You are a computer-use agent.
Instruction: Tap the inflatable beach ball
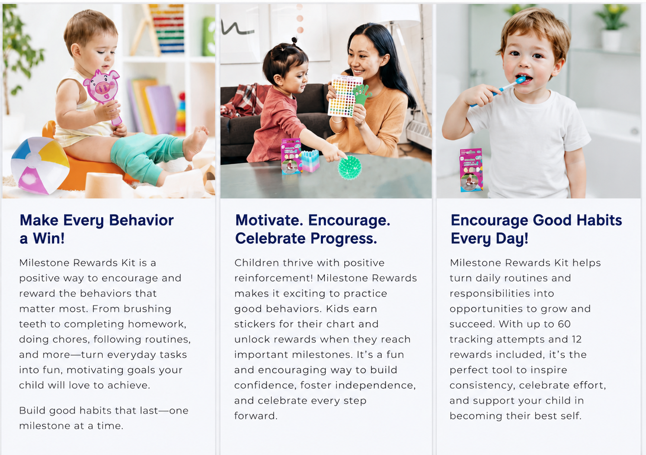click(x=40, y=165)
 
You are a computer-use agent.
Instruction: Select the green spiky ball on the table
click(x=349, y=167)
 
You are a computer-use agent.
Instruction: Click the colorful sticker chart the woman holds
click(x=345, y=95)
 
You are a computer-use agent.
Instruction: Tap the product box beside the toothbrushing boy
click(x=471, y=170)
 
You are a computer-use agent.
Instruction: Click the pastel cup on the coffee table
click(x=310, y=161)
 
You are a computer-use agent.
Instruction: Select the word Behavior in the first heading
click(x=141, y=220)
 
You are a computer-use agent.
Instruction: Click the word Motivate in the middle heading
click(x=269, y=220)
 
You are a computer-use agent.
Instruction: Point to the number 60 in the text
click(x=564, y=324)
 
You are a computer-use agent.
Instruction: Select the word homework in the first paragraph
click(x=157, y=324)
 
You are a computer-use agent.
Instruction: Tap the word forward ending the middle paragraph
click(x=256, y=416)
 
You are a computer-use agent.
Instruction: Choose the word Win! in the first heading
click(x=48, y=239)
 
